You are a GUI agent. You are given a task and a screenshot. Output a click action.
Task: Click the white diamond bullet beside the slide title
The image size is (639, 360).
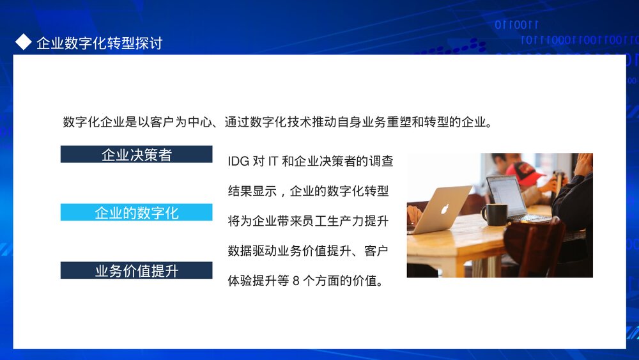[23, 42]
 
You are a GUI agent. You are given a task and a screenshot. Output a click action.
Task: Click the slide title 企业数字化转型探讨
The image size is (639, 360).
[99, 43]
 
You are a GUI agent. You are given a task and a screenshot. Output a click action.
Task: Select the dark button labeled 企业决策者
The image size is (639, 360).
[136, 154]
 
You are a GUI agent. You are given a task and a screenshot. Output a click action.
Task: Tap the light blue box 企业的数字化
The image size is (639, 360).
[136, 212]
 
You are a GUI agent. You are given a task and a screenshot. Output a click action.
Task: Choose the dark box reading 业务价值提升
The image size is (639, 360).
[136, 270]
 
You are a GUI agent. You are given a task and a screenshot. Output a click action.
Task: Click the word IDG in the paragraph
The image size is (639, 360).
[238, 161]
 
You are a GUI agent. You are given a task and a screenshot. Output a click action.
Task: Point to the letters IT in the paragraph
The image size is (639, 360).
[272, 161]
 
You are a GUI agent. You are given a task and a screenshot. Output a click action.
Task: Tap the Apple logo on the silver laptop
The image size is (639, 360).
[444, 208]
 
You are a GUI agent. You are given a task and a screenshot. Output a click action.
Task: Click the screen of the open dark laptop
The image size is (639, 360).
[506, 196]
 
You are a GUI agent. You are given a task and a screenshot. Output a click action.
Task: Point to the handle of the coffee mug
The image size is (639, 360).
[484, 215]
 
